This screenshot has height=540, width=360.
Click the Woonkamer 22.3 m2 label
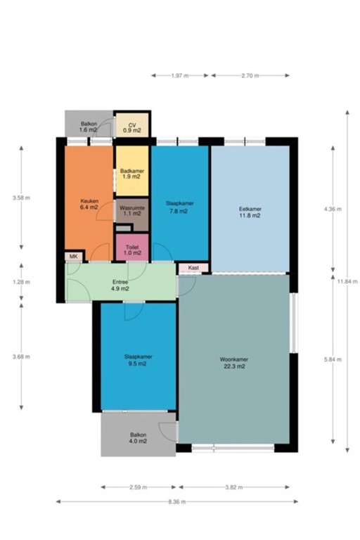[234, 363]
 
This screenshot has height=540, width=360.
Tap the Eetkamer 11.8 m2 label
[250, 212]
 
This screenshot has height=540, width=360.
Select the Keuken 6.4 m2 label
[89, 205]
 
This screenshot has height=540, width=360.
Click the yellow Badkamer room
[131, 173]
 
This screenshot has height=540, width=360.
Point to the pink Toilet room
[131, 250]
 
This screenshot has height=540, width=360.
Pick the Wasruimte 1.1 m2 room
[131, 212]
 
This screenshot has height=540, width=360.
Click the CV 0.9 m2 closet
[131, 127]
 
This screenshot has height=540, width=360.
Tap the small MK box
[74, 256]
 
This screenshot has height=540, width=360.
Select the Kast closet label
[193, 268]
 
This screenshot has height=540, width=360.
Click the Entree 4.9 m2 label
[120, 285]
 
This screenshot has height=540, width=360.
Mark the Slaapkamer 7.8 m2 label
[179, 207]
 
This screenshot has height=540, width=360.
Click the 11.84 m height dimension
[345, 281]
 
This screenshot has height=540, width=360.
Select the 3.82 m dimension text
[234, 487]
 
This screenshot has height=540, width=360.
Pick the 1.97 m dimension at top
[179, 75]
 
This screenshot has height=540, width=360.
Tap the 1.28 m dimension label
[22, 282]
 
